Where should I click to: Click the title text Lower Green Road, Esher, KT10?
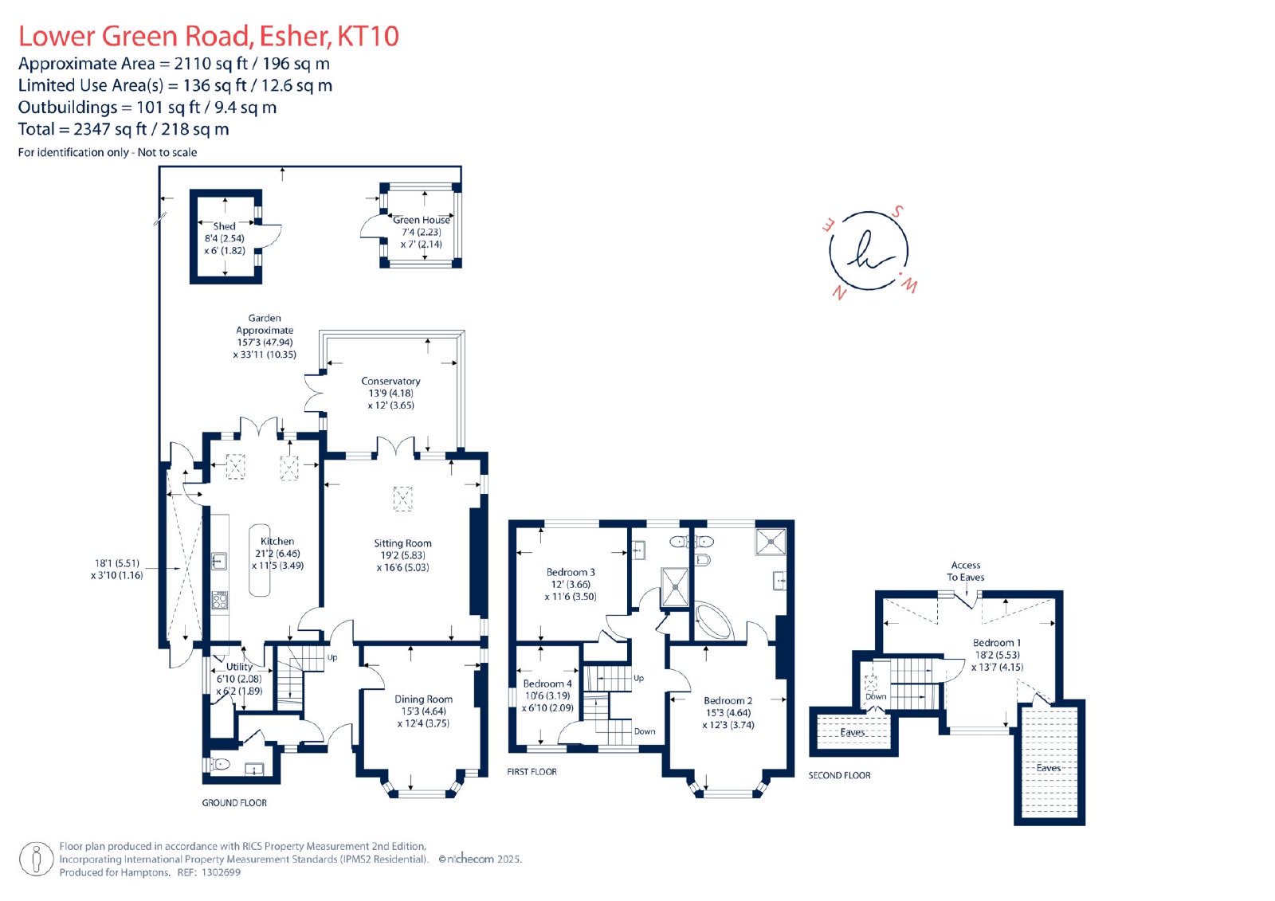208,36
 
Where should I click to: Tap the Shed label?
224,226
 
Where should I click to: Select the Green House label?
422,220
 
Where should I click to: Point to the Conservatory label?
390,381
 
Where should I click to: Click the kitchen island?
260,560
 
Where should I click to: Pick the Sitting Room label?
402,543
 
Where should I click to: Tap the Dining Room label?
423,699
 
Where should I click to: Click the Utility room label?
239,667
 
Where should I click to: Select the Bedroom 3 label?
571,572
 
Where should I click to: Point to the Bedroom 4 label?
547,684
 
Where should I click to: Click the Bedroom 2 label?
728,701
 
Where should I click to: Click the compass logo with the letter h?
869,251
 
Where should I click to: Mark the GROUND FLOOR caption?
234,802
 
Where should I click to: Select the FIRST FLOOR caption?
532,772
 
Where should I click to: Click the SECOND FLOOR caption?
840,775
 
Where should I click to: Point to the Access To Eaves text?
965,571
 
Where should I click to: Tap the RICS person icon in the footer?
37,859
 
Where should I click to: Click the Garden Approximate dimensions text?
265,336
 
